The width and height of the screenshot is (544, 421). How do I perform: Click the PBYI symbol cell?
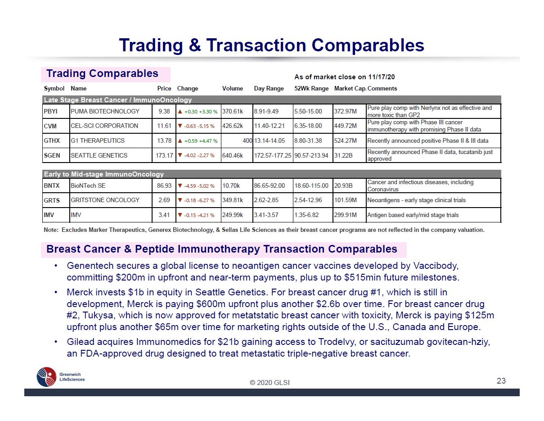pos(50,111)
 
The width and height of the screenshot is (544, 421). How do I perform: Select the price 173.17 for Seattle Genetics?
pos(164,155)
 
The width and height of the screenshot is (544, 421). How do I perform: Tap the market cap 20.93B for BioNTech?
pos(343,186)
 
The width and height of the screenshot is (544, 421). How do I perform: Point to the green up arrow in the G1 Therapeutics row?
pos(180,141)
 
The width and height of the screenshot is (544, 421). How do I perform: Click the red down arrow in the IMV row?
pos(180,215)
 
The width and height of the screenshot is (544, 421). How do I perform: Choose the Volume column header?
pos(233,88)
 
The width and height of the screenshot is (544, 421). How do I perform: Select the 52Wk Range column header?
pos(311,88)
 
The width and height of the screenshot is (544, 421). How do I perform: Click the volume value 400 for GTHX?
pos(247,141)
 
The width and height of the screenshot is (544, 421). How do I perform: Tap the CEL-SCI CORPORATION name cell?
pos(104,126)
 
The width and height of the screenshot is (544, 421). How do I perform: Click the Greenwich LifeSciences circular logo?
pos(46,377)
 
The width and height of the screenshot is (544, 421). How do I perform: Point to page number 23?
pos(501,380)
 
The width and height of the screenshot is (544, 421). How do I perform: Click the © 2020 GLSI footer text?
pos(270,382)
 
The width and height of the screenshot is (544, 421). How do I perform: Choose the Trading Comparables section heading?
pos(103,74)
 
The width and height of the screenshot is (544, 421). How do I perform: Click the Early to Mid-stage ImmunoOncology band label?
pos(103,174)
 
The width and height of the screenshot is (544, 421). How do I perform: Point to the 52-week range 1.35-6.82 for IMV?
pos(306,215)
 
